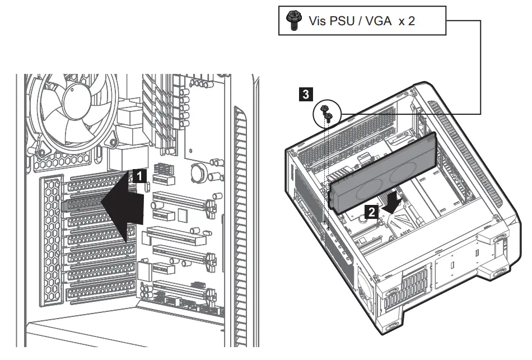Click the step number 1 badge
(140, 176)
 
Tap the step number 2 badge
(371, 211)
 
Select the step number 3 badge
(305, 95)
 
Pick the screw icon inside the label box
(292, 21)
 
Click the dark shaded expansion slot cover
(84, 205)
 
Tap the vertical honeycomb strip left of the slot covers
(49, 241)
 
